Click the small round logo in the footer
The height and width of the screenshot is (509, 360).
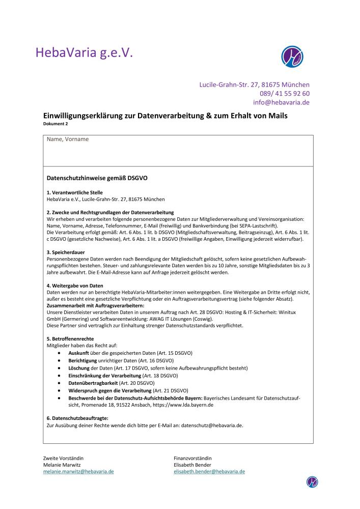(312, 482)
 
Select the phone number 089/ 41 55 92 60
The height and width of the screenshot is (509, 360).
(285, 93)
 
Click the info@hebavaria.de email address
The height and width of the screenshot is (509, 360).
(281, 102)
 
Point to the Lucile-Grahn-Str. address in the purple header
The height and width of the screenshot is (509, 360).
(254, 84)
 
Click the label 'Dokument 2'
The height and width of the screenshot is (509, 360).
(55, 124)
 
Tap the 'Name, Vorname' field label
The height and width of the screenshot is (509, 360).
(68, 139)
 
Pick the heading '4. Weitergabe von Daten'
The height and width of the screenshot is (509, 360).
(75, 286)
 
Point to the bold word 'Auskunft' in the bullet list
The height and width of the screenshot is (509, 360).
(79, 353)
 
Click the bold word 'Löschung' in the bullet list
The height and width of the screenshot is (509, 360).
(79, 367)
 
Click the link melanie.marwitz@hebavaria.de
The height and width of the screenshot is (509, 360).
(78, 471)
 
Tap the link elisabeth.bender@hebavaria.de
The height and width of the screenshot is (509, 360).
(209, 471)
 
